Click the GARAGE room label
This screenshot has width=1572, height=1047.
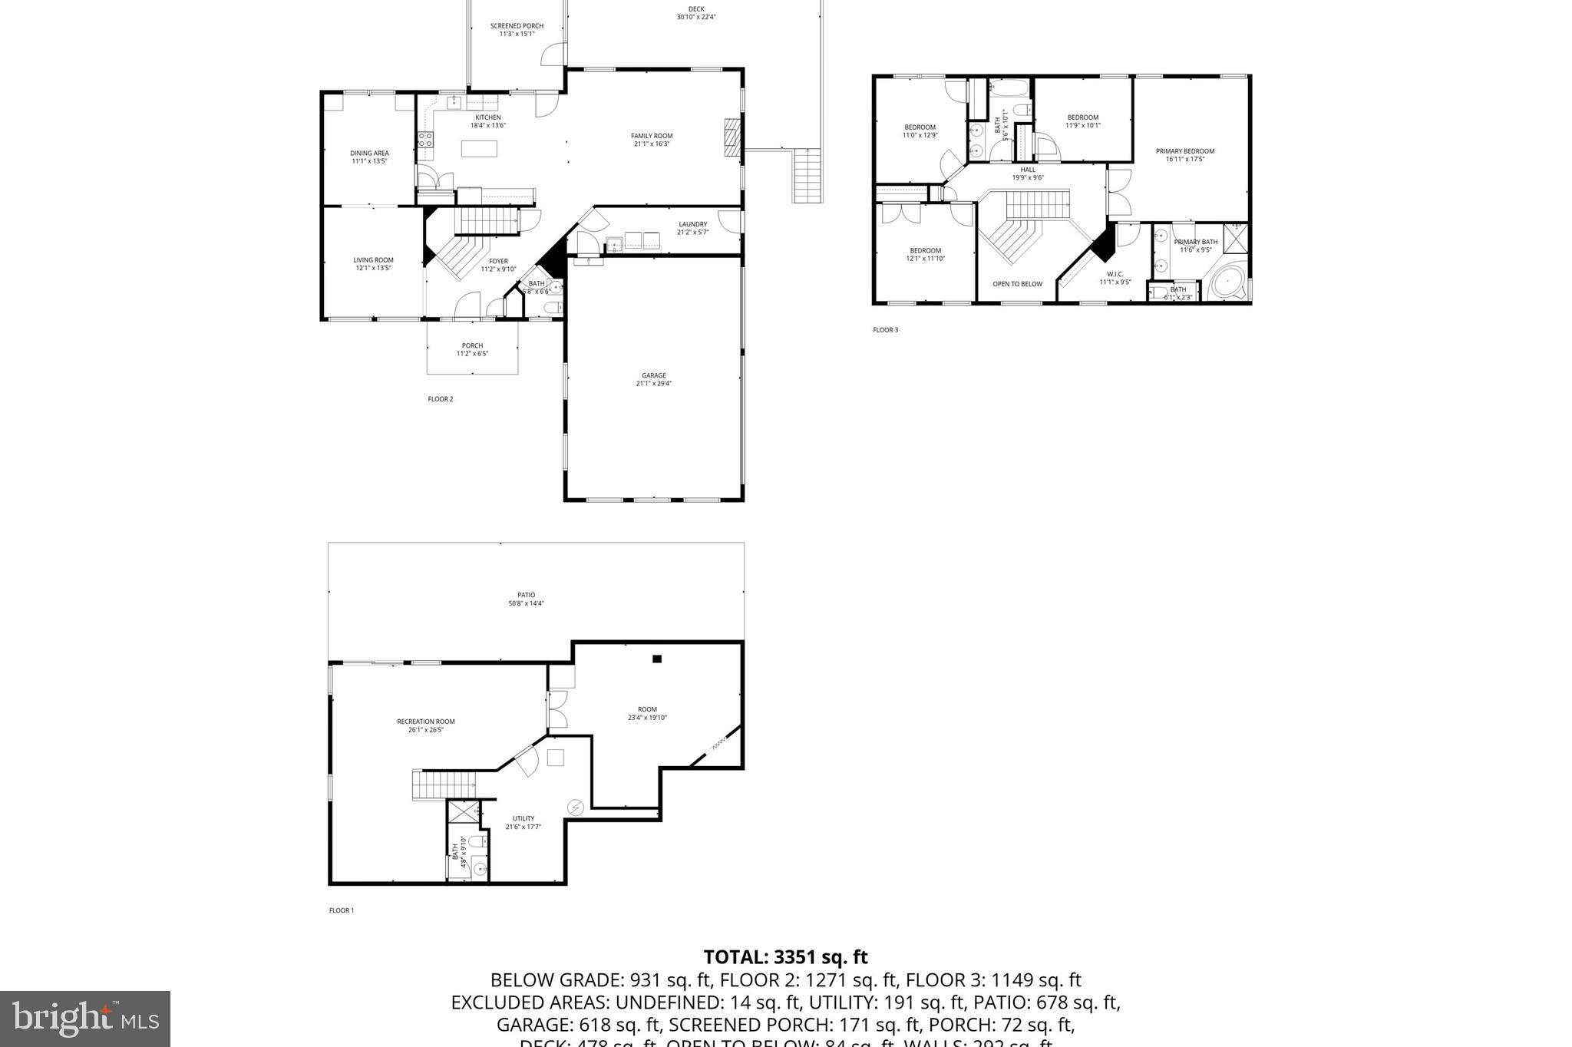[653, 375]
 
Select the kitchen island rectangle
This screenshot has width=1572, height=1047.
[479, 148]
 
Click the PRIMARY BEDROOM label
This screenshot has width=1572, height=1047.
[1184, 151]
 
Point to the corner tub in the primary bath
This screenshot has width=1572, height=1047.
[1227, 284]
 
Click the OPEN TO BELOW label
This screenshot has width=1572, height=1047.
[1017, 284]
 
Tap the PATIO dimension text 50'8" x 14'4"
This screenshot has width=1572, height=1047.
[526, 603]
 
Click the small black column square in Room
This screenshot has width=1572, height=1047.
[657, 659]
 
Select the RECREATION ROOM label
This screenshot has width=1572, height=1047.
[425, 722]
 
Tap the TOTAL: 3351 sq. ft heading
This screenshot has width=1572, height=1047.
[785, 957]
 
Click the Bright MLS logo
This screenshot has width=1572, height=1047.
[84, 1019]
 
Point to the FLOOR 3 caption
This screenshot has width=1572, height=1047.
[885, 330]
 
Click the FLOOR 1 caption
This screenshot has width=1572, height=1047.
[342, 910]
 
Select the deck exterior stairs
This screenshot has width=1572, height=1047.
[807, 175]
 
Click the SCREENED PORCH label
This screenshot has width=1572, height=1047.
[517, 26]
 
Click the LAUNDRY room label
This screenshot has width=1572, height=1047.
[692, 224]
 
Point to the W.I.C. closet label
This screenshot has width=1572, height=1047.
[1115, 274]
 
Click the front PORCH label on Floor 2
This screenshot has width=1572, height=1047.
[472, 345]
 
